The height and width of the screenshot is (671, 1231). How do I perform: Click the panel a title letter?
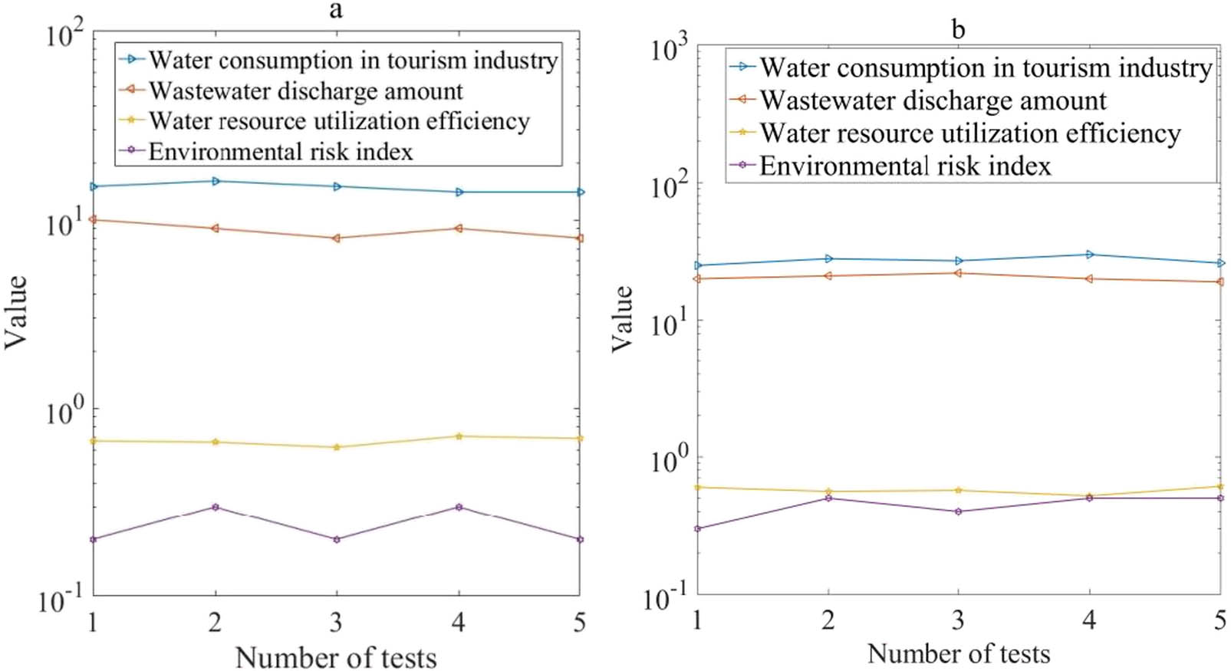[x=335, y=10]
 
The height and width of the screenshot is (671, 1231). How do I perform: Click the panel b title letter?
[x=958, y=30]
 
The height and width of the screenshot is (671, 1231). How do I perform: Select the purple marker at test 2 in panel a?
[x=216, y=507]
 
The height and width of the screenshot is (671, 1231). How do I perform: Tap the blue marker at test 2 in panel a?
[x=216, y=181]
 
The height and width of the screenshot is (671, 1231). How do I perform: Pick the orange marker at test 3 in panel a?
[x=336, y=238]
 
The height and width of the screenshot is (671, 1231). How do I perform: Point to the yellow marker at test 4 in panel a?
[x=459, y=436]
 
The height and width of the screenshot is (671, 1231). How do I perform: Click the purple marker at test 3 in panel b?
[x=958, y=511]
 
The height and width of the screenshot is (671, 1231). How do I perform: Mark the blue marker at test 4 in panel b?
[x=1089, y=255]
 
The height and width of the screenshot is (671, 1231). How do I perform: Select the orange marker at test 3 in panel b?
[x=958, y=273]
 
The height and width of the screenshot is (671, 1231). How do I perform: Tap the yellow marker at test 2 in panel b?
[x=828, y=492]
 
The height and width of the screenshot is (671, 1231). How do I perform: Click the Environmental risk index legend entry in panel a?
[x=281, y=152]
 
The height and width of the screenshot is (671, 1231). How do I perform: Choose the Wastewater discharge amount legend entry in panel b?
[x=933, y=100]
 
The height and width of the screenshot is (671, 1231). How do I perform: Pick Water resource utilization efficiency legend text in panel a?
[x=339, y=121]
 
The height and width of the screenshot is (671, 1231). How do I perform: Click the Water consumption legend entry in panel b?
[x=985, y=67]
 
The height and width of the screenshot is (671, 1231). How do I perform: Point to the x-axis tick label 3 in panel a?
[x=336, y=622]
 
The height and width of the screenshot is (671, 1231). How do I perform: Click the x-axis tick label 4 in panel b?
[x=1089, y=619]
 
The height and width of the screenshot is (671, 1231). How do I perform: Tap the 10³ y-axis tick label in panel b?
[x=669, y=49]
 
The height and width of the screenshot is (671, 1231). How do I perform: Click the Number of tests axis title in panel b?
[x=958, y=653]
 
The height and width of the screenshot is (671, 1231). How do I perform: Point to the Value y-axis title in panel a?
[x=16, y=312]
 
